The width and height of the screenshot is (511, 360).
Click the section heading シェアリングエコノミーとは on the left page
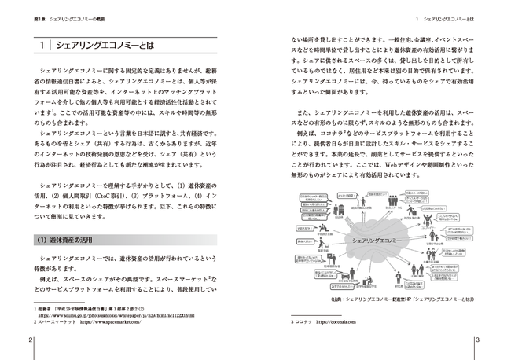[x=102, y=46]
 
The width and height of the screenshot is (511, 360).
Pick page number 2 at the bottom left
[x=31, y=340]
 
